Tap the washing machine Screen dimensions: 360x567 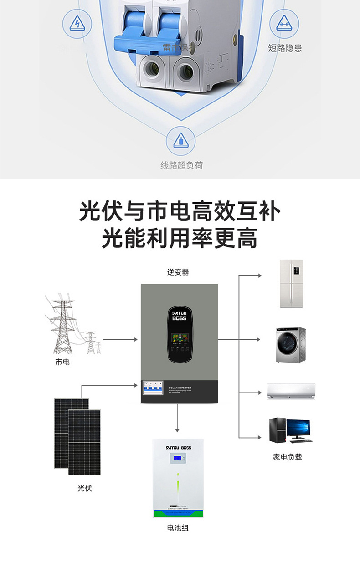(x=290, y=344)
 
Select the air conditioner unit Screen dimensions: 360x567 (x=291, y=391)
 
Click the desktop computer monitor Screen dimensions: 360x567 (x=298, y=429)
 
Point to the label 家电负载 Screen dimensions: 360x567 (x=288, y=457)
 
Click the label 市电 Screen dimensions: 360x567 (x=62, y=362)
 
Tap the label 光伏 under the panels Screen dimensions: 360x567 (x=85, y=488)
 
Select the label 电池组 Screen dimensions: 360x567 (x=178, y=528)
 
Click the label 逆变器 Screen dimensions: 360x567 (x=178, y=272)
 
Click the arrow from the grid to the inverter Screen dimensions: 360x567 (x=120, y=339)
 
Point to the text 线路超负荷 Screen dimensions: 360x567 (x=181, y=165)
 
